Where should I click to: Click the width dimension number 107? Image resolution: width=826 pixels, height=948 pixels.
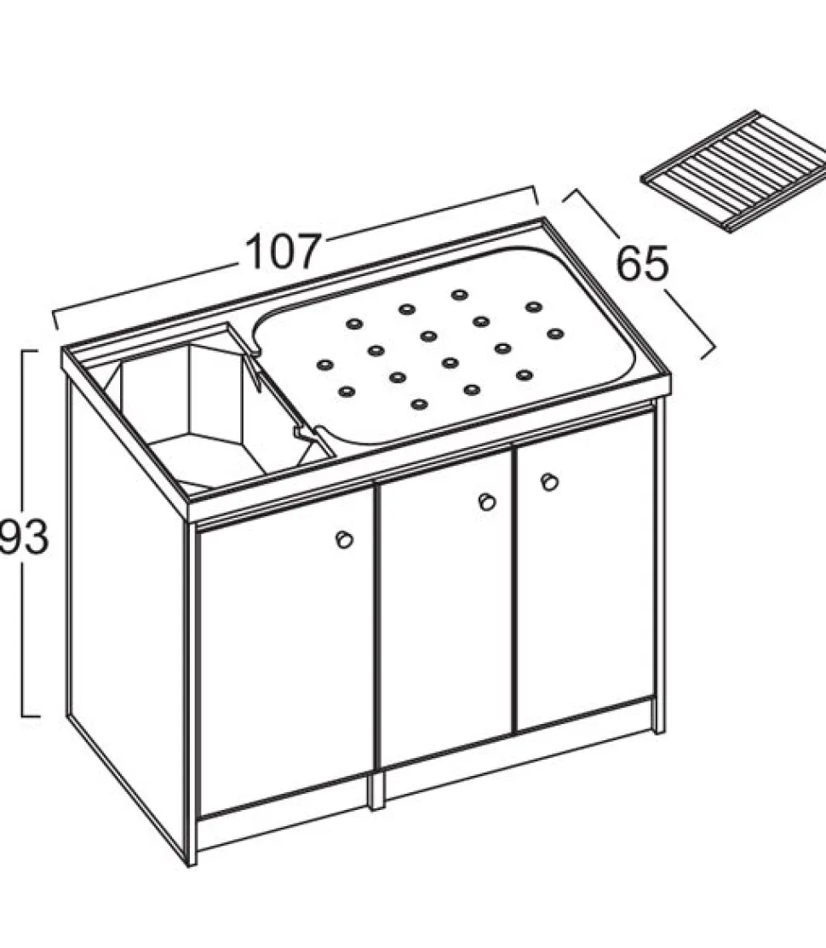[283, 251]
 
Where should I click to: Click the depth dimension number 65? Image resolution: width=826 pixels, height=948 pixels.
[642, 263]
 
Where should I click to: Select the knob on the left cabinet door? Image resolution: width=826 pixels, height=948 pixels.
[344, 539]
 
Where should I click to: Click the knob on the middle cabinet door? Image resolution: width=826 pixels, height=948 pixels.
[486, 502]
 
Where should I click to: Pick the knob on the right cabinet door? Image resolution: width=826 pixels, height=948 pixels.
[549, 482]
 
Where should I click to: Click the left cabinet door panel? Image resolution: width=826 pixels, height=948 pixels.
[286, 650]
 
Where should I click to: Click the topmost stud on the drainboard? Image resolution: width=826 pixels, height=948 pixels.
[460, 295]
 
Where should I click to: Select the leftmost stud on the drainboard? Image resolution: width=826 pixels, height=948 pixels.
[325, 365]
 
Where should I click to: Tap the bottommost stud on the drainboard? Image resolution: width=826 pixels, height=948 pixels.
[419, 404]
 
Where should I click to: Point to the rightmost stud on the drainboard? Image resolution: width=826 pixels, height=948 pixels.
[554, 333]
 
